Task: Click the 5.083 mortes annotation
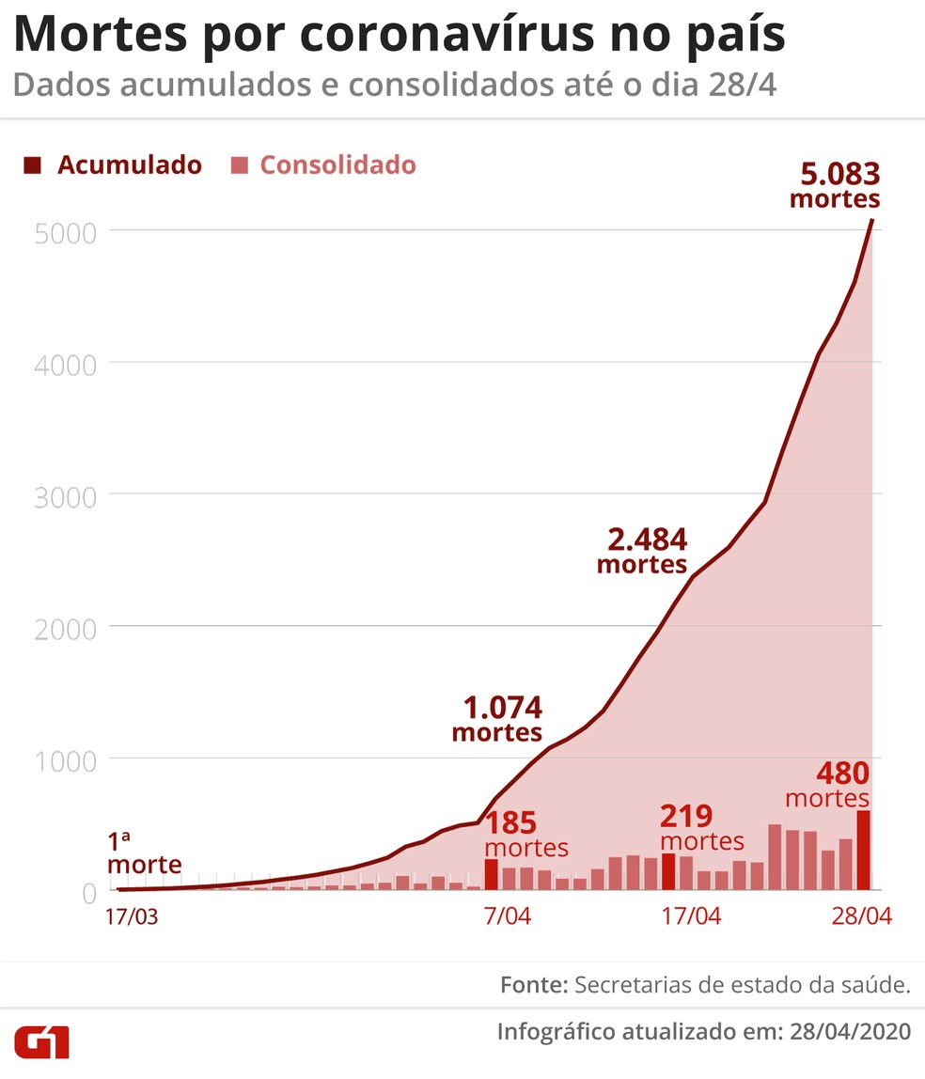click(835, 186)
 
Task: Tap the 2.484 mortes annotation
click(643, 552)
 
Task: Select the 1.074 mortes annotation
click(497, 719)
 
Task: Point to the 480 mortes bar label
click(827, 786)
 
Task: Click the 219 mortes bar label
click(702, 828)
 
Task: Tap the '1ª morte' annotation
click(144, 851)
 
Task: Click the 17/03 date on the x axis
click(132, 916)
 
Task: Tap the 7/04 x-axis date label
click(507, 916)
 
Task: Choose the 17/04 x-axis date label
click(691, 916)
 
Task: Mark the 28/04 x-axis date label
click(862, 916)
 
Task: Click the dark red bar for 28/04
click(863, 850)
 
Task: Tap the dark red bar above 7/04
click(491, 874)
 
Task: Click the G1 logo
click(41, 1041)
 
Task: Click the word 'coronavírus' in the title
click(442, 36)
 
